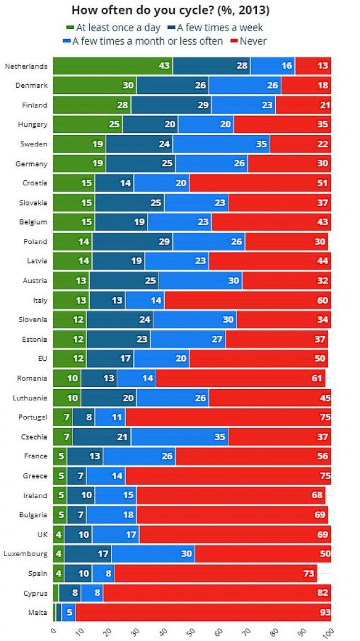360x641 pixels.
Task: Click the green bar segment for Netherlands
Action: click(x=112, y=66)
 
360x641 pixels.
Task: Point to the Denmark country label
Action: click(x=34, y=85)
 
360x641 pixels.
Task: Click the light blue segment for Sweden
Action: click(x=221, y=144)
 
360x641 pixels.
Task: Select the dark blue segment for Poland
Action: click(x=132, y=242)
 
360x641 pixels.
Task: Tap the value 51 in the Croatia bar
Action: click(x=323, y=183)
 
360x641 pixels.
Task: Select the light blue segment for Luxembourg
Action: click(x=153, y=554)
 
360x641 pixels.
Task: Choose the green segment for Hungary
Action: click(x=88, y=125)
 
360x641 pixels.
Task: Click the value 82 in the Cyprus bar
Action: click(x=323, y=593)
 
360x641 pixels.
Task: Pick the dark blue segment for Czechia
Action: click(x=102, y=437)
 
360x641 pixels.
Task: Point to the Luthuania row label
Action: click(x=32, y=398)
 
